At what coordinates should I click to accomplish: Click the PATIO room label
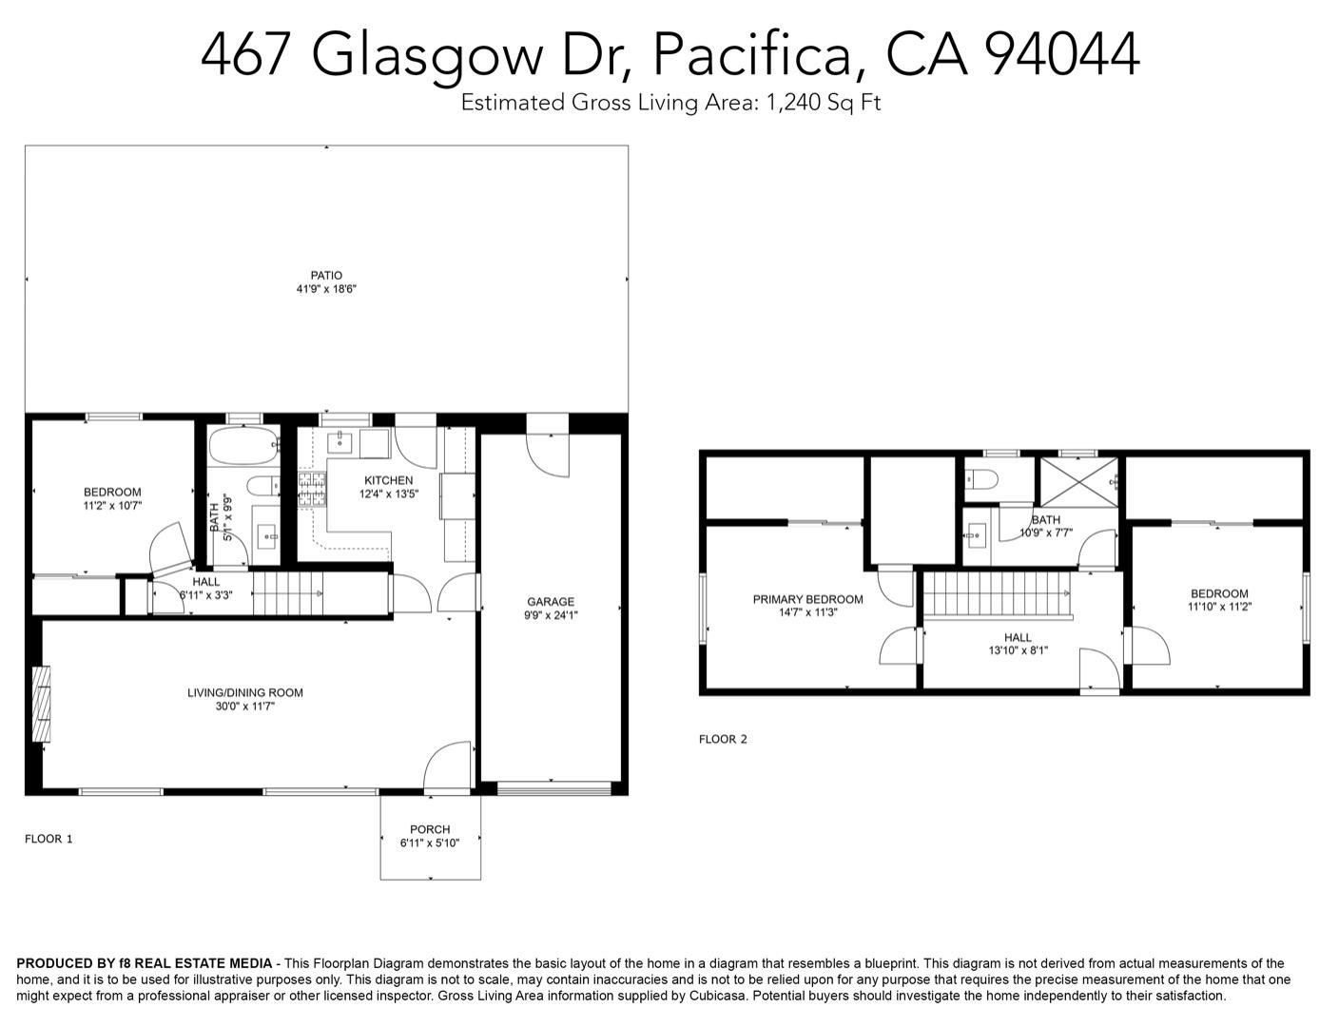click(326, 276)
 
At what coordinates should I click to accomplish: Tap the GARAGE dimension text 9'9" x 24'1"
click(551, 615)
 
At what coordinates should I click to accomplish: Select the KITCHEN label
click(388, 480)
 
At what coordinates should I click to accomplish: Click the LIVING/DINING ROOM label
click(245, 692)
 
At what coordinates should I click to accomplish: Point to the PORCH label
click(430, 829)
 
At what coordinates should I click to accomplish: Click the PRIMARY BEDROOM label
click(807, 599)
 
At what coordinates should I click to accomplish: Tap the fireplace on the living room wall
click(41, 704)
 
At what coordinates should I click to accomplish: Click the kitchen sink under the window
click(340, 442)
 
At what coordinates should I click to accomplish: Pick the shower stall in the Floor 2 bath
click(1079, 482)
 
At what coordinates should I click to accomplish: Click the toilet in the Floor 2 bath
click(980, 479)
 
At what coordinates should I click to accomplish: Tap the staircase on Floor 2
click(998, 594)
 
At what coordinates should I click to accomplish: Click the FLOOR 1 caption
click(49, 839)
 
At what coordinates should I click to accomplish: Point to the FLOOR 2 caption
click(723, 739)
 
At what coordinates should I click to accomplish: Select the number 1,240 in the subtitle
click(793, 103)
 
